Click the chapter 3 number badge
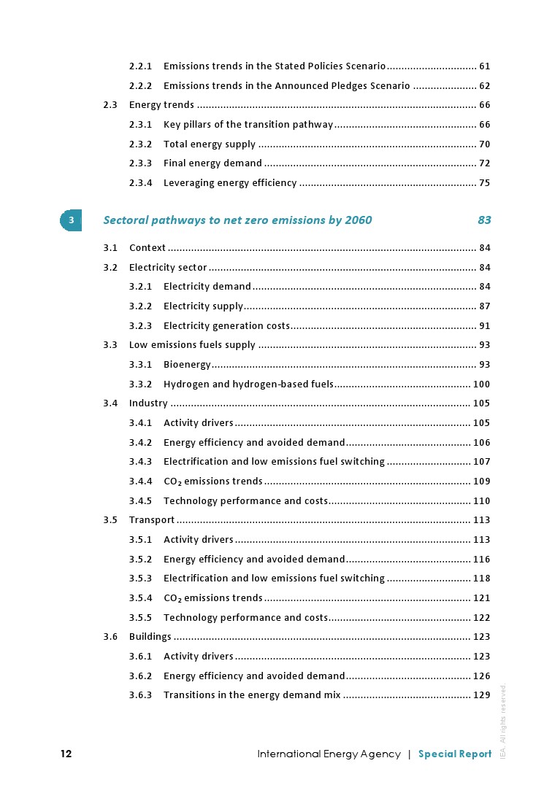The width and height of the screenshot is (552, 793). click(x=71, y=220)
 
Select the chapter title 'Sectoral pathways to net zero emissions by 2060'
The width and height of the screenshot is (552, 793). click(x=237, y=220)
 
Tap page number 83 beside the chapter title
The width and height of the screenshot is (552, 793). click(x=484, y=220)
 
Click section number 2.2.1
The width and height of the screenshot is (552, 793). click(x=140, y=66)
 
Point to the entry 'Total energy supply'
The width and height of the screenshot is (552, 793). click(x=210, y=144)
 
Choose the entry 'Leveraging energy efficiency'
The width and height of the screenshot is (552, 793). click(x=230, y=183)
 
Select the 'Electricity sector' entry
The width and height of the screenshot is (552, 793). click(x=168, y=268)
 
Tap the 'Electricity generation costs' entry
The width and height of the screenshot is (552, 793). click(x=226, y=326)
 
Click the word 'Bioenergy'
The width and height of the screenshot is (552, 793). click(x=187, y=365)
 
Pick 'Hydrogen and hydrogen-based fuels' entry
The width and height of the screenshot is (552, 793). click(x=248, y=384)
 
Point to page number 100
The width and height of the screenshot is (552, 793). click(x=482, y=384)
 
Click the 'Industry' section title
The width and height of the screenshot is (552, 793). click(x=148, y=403)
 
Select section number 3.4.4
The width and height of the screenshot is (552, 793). click(x=140, y=481)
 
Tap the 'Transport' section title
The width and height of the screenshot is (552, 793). click(x=152, y=520)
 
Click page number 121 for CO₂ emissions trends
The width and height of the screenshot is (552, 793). click(x=482, y=598)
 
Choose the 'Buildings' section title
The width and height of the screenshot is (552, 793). click(x=150, y=637)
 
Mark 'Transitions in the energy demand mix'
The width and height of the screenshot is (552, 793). click(x=252, y=695)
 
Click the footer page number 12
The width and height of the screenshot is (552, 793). click(x=66, y=754)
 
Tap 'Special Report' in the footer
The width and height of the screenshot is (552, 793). click(x=455, y=754)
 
